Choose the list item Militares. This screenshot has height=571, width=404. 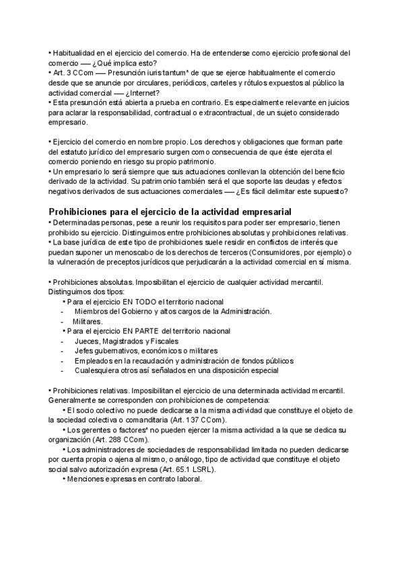88,321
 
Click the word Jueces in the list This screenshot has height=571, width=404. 87,341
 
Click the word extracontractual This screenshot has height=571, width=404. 224,112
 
